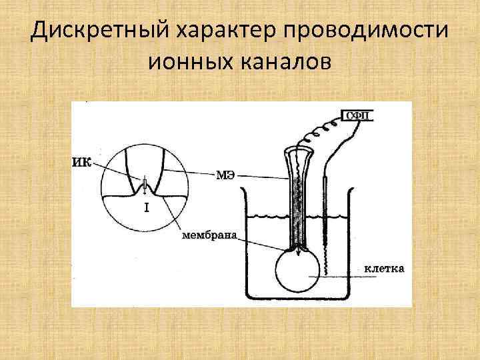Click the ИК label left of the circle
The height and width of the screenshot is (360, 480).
[82, 160]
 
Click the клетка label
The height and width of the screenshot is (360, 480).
[384, 269]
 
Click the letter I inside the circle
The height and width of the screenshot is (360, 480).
[146, 208]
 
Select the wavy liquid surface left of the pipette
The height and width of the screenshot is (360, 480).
[267, 217]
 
